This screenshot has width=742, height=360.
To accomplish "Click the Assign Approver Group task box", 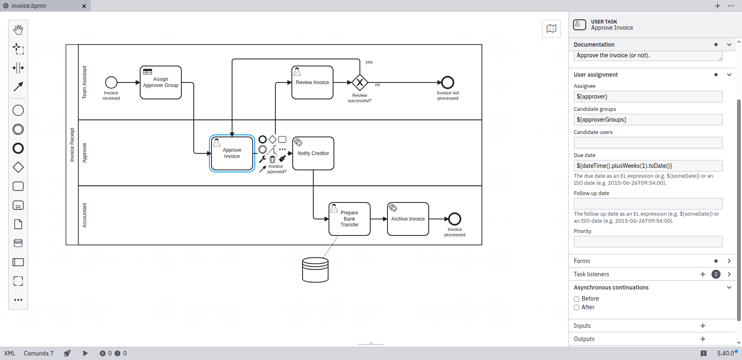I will click(161, 82).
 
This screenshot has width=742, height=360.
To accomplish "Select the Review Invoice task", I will click(312, 82).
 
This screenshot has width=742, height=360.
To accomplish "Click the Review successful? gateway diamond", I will click(360, 82).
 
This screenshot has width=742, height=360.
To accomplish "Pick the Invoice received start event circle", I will click(111, 82).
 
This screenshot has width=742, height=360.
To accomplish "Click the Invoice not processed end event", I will click(448, 82).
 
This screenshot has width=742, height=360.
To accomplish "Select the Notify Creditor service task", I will click(313, 153).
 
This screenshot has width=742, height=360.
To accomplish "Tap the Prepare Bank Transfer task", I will click(350, 219).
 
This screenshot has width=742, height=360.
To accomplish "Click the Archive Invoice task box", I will click(408, 219).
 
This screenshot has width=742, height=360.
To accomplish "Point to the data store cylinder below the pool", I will click(315, 270).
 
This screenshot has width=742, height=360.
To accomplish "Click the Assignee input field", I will click(648, 96).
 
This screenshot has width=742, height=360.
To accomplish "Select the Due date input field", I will click(648, 166).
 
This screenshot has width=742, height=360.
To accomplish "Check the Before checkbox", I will click(577, 299).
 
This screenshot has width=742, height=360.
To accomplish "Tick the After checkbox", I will click(577, 308).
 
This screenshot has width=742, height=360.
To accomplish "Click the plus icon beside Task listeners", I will click(703, 274).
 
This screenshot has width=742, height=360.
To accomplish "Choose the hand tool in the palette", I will click(18, 30).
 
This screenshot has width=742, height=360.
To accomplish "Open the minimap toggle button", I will click(551, 28).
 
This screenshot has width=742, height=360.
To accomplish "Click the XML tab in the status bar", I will click(9, 353).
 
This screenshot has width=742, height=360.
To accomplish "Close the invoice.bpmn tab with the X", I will click(84, 6).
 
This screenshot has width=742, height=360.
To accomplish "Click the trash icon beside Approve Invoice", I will click(272, 160).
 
